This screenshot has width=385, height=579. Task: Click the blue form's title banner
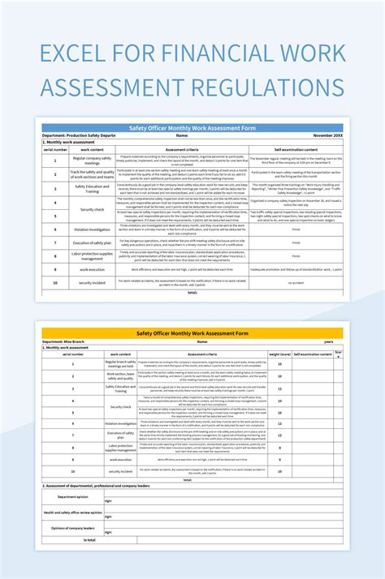[192, 127]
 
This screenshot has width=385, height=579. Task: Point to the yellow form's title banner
[192, 332]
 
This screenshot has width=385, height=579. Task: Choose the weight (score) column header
[280, 354]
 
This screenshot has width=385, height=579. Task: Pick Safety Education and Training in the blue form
[92, 187]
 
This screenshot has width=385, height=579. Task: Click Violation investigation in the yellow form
[120, 423]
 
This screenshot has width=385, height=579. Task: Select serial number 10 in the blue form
[54, 282]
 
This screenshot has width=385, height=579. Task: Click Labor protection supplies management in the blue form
[92, 255]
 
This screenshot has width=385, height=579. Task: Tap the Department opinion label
[73, 497]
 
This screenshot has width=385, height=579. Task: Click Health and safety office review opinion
[73, 513]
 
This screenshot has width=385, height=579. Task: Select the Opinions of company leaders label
[73, 527]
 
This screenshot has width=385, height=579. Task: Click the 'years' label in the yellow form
[328, 341]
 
